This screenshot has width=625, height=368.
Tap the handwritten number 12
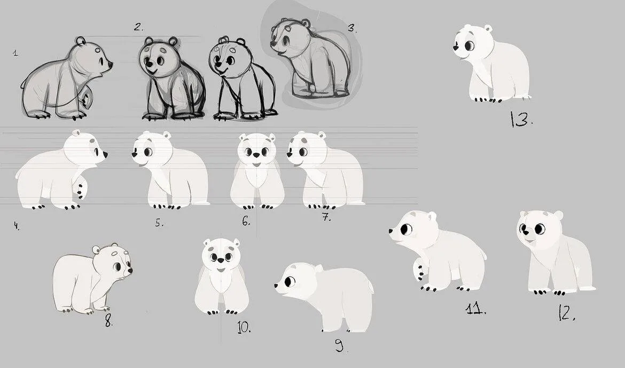click(567, 314)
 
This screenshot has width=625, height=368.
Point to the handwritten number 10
click(244, 327)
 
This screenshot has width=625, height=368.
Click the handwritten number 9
click(340, 345)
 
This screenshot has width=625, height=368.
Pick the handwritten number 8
click(108, 320)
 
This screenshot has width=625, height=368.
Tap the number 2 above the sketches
click(138, 27)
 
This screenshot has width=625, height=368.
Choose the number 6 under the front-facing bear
click(246, 221)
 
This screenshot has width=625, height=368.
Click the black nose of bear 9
click(276, 285)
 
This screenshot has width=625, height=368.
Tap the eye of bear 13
click(470, 45)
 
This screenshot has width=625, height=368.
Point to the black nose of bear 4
click(105, 154)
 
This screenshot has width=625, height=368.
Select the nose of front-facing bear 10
click(221, 260)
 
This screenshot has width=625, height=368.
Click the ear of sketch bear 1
click(81, 41)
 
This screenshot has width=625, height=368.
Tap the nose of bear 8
click(130, 270)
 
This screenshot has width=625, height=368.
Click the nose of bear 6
click(257, 155)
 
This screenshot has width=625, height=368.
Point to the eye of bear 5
click(148, 152)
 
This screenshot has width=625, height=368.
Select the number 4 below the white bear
click(17, 226)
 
